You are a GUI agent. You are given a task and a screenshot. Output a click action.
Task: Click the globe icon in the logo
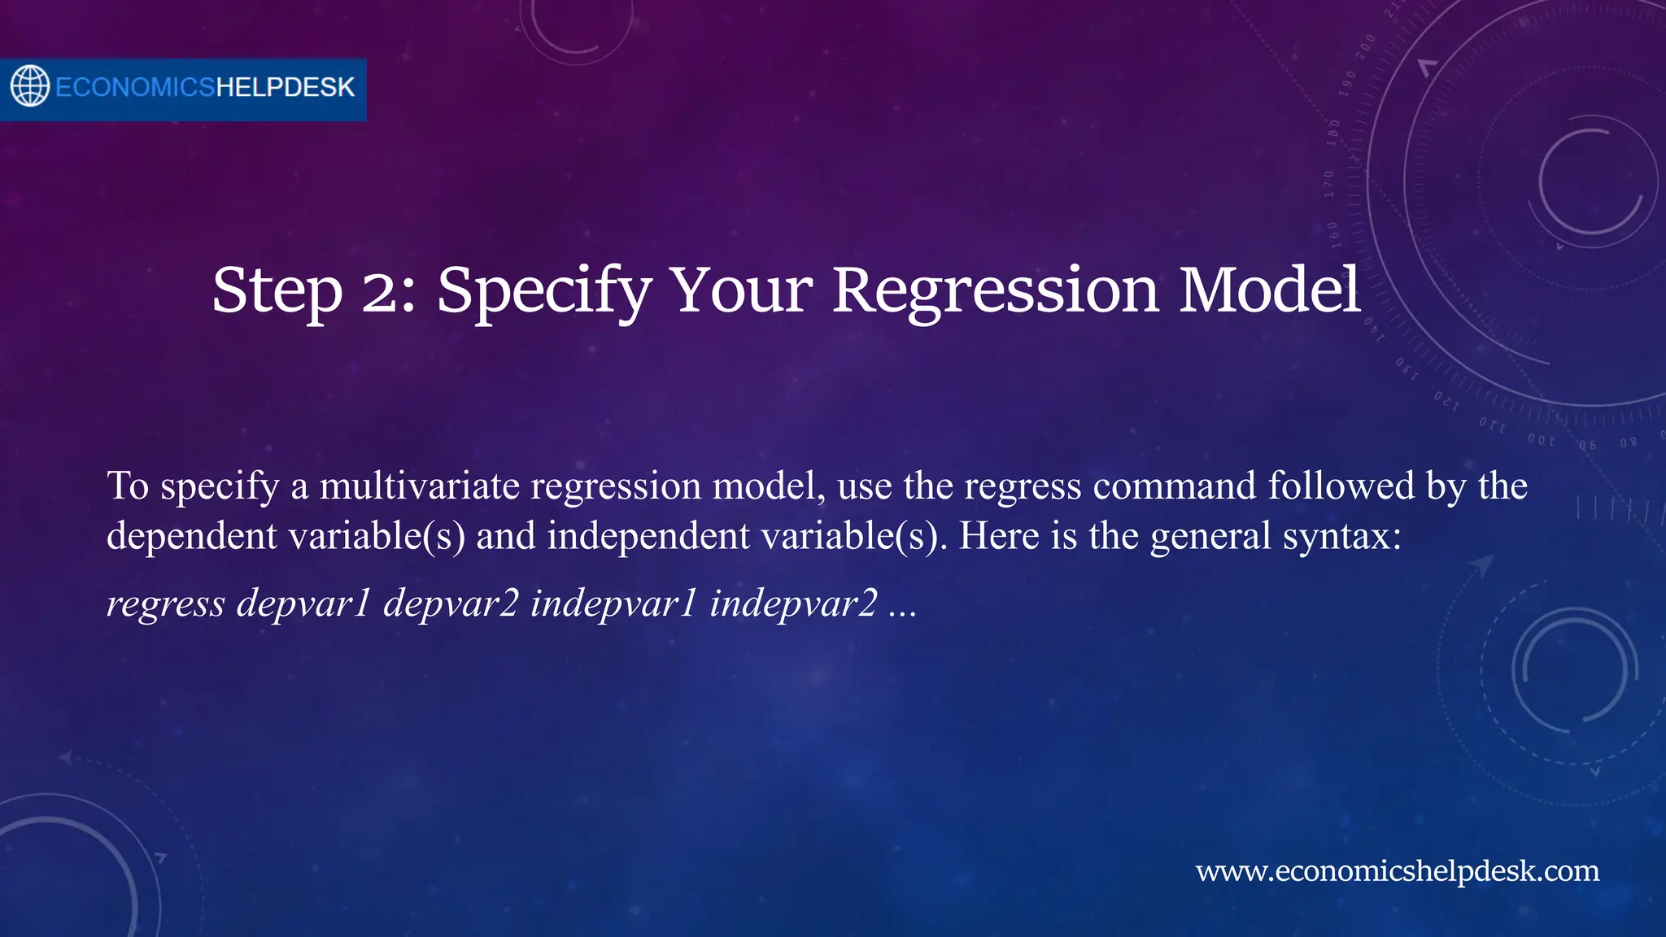coord(30,86)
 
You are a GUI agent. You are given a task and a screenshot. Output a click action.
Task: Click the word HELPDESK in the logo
coord(285,87)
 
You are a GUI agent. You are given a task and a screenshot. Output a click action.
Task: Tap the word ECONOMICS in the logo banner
coord(135,87)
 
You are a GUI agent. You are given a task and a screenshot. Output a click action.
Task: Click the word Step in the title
coord(277,290)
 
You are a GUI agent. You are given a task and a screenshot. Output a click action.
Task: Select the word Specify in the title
coord(543,290)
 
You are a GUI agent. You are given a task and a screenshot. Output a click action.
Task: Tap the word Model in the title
coord(1270,290)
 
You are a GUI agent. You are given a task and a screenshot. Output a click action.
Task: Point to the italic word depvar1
coord(303,604)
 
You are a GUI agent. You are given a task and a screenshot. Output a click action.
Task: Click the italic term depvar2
coord(451,604)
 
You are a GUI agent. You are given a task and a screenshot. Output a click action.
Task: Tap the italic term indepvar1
coord(613,604)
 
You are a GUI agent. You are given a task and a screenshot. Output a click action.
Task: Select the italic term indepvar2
coord(793,604)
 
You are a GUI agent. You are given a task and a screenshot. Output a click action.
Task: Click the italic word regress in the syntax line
coord(166,604)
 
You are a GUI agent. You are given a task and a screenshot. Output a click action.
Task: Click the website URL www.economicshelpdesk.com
coord(1397,871)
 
